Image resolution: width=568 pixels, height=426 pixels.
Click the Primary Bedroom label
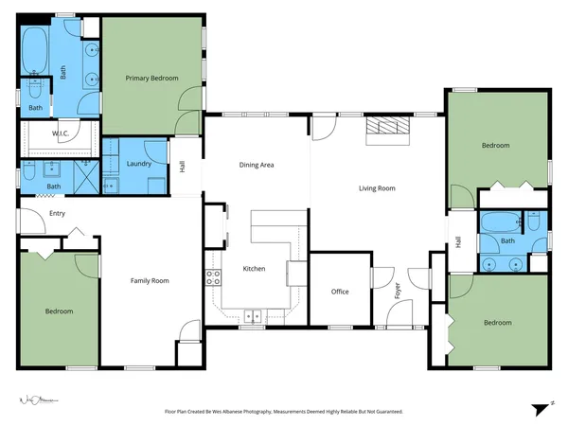pos(152,79)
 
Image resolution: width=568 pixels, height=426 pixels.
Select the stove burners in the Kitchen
pos(213,277)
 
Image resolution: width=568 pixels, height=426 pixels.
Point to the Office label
pos(340,292)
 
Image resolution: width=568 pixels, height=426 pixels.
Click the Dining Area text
pos(257,165)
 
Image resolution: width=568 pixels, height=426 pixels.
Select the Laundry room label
pos(138,164)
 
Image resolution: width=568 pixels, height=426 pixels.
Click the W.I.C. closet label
pos(38,133)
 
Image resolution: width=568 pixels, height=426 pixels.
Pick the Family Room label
pos(150,280)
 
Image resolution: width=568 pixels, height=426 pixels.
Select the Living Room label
pos(377,188)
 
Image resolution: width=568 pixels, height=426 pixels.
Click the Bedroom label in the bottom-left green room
pos(59,311)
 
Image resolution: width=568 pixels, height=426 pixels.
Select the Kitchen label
pos(254,269)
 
